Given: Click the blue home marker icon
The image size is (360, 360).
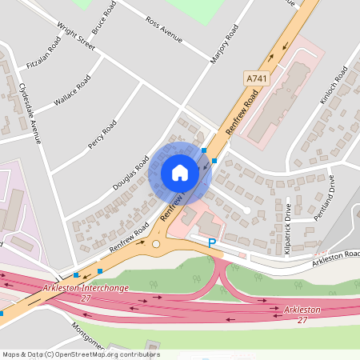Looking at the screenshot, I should (x=180, y=173).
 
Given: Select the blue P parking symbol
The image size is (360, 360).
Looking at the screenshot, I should (x=212, y=242).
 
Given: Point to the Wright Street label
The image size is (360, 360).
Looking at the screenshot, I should (x=70, y=36).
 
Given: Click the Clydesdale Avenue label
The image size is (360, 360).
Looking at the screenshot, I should (x=29, y=111).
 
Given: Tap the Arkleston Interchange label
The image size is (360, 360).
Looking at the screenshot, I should (x=86, y=289).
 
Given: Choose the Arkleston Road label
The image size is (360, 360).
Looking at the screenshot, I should (x=336, y=256).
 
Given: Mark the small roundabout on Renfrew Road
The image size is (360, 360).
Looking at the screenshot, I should (x=157, y=244).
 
